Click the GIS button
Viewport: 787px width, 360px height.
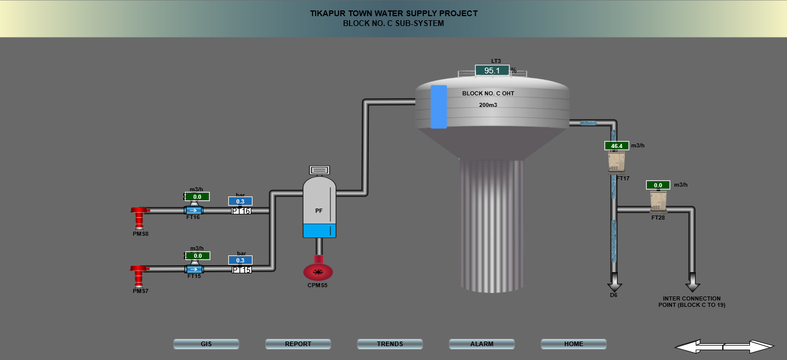tap(206, 344)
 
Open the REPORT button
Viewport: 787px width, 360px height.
tap(298, 344)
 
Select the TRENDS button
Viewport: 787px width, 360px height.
tap(390, 344)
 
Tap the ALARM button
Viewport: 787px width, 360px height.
tap(482, 344)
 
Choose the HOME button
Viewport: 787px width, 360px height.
tap(574, 344)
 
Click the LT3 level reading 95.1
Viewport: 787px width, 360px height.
tap(492, 70)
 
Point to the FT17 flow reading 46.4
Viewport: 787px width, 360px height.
tap(617, 146)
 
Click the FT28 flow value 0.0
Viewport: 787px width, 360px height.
tap(658, 185)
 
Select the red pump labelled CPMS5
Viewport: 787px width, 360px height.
tap(318, 271)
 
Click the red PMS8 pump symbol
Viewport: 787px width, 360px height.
tap(139, 217)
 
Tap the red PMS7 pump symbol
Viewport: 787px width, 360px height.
tap(139, 274)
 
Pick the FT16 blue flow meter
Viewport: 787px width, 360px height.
tap(194, 210)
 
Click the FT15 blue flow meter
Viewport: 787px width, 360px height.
tap(194, 269)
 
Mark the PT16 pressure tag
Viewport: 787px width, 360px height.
tap(241, 211)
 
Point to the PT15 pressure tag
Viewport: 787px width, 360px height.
tap(241, 269)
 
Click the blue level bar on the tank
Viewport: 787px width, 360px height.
tap(439, 107)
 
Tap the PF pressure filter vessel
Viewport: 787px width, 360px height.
tap(319, 208)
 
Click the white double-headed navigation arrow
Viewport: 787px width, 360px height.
tap(724, 346)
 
